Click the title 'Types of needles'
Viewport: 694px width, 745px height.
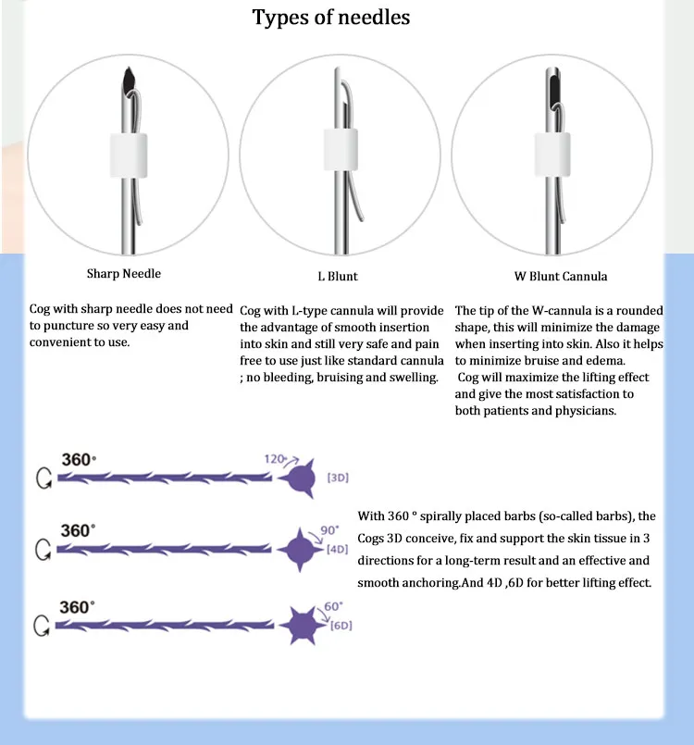click(331, 18)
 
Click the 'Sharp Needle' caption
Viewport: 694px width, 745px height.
click(124, 274)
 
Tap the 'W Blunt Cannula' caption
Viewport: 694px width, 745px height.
click(561, 276)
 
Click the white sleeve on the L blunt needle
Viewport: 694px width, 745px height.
click(341, 149)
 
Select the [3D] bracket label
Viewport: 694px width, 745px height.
click(339, 478)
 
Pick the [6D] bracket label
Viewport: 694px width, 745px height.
click(341, 626)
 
